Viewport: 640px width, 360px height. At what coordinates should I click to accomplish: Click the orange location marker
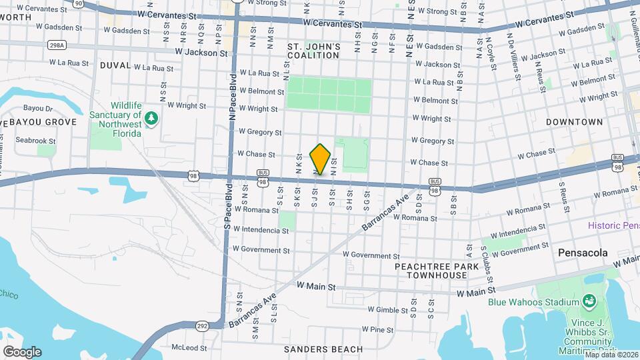tap(320, 159)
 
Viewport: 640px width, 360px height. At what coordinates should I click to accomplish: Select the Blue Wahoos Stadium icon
tap(589, 302)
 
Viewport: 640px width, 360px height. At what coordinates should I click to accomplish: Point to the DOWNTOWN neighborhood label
tap(574, 122)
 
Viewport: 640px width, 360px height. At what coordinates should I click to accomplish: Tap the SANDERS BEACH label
tap(323, 349)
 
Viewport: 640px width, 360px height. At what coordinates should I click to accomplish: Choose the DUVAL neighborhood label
tap(115, 65)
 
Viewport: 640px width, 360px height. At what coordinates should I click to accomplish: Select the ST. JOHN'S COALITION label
tap(313, 51)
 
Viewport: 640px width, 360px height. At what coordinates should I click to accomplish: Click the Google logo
tap(22, 352)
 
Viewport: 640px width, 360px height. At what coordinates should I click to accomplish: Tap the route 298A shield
tap(57, 45)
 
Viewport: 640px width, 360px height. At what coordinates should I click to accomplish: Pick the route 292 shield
tap(203, 326)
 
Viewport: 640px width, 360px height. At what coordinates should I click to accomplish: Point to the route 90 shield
tap(79, 3)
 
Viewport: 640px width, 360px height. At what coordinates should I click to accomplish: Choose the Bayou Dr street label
tap(38, 108)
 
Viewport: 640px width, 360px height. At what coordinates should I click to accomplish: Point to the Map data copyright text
tap(610, 355)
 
